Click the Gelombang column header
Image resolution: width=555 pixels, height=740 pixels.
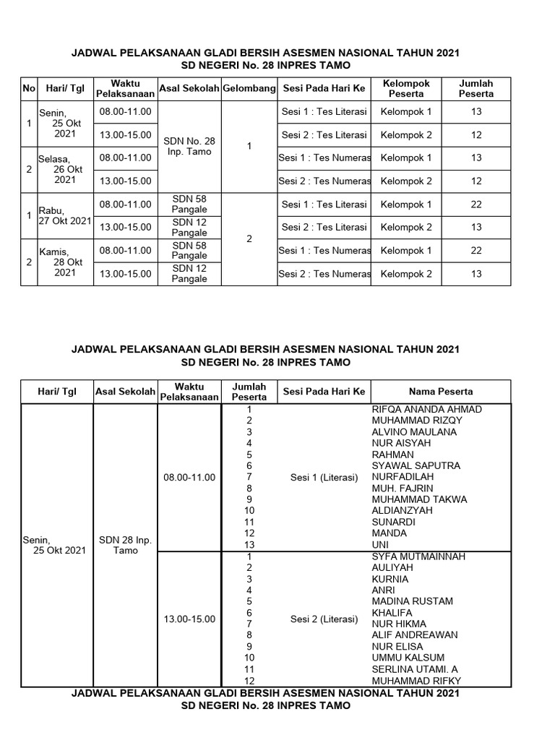pyautogui.click(x=249, y=88)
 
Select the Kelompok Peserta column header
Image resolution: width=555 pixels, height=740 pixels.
pyautogui.click(x=406, y=88)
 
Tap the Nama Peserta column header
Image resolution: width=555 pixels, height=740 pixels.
pyautogui.click(x=441, y=391)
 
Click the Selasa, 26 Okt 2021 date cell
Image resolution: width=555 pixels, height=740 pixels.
pyautogui.click(x=64, y=169)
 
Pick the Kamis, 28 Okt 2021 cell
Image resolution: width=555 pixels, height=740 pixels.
pyautogui.click(x=64, y=262)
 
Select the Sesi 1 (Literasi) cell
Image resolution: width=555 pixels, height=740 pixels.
pyautogui.click(x=324, y=477)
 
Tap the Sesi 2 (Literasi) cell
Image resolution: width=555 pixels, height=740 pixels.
pyautogui.click(x=324, y=619)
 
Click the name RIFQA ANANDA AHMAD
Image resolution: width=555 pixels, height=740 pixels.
pyautogui.click(x=426, y=409)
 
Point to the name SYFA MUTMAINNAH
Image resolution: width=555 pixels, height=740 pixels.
pyautogui.click(x=418, y=556)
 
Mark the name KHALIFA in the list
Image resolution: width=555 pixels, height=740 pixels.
pyautogui.click(x=392, y=613)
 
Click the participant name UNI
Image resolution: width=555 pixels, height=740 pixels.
pyautogui.click(x=380, y=544)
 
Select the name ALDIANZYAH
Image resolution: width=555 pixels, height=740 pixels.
pyautogui.click(x=402, y=510)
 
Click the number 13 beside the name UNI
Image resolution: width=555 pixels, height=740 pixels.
pyautogui.click(x=249, y=544)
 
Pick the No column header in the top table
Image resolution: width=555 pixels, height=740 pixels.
pyautogui.click(x=29, y=88)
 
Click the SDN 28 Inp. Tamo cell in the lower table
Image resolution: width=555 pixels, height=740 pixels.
pyautogui.click(x=125, y=545)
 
